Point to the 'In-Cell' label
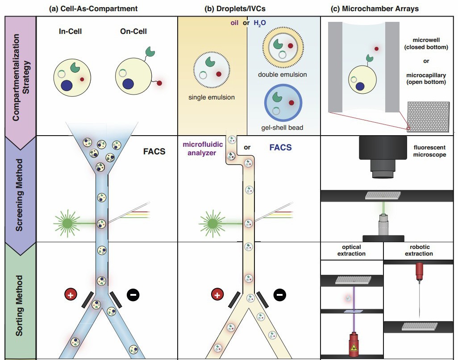(x=70, y=32)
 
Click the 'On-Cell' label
(x=133, y=32)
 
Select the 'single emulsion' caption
(x=212, y=97)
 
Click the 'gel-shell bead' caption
(x=282, y=128)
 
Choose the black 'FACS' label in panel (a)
(x=154, y=151)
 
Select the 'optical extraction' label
(x=351, y=250)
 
